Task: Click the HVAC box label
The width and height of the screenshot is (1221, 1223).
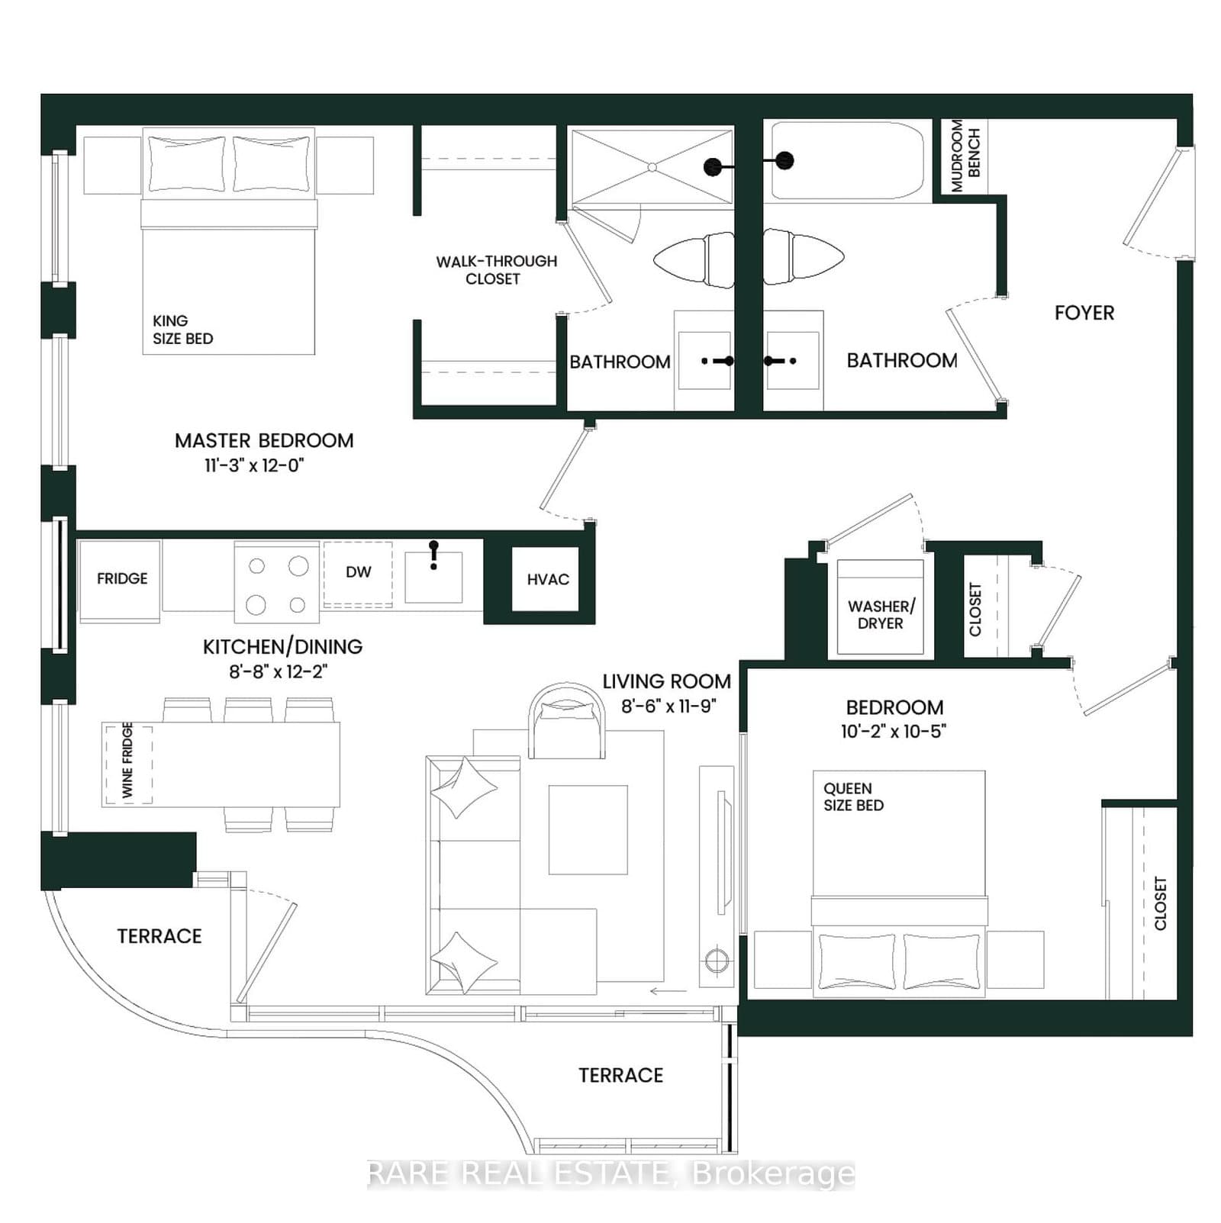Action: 547,580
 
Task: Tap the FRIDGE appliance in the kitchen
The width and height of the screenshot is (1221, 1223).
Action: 121,579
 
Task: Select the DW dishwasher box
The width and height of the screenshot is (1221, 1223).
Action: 358,573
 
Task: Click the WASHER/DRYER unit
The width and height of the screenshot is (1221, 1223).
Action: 881,615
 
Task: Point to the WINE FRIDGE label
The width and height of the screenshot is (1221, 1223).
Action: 127,761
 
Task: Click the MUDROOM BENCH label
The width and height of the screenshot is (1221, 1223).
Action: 965,156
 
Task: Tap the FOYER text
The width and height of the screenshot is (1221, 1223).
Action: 1084,313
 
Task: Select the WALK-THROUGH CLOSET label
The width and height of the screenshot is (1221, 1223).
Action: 496,270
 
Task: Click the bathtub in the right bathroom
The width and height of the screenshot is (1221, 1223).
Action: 847,162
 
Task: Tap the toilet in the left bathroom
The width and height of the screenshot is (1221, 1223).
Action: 694,259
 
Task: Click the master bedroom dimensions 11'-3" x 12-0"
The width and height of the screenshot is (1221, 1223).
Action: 254,465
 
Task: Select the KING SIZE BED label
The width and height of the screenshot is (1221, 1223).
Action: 182,330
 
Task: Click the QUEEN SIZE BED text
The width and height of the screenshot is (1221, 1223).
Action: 853,797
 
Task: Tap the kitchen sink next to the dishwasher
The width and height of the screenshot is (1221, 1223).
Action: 433,578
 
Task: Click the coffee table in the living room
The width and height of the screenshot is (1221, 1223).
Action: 588,830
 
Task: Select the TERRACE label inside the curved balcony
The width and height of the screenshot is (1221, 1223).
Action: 159,936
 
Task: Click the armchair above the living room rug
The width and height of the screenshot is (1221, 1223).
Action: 566,722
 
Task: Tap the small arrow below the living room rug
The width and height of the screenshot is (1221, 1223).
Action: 668,991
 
